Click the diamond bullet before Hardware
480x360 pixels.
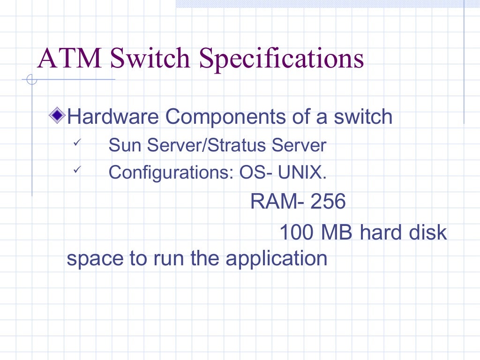point(58,115)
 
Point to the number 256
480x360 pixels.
point(328,202)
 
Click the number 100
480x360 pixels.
point(297,232)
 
